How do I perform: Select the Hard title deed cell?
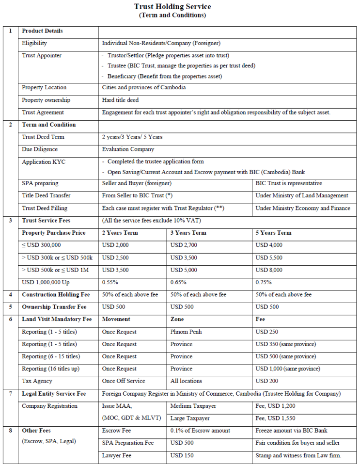(120, 100)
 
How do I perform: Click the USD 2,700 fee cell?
(184, 245)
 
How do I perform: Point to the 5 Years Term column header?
(273, 233)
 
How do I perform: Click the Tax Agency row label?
(37, 381)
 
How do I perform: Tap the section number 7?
(10, 393)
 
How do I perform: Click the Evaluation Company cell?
(128, 149)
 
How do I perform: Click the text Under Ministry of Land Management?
(302, 195)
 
